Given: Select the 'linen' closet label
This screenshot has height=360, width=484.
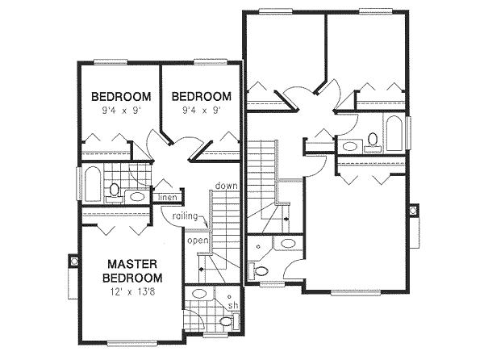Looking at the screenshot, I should (167, 197).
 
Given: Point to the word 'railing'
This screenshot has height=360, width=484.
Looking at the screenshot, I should (186, 216).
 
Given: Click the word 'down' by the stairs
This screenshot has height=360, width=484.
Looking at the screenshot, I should (226, 186).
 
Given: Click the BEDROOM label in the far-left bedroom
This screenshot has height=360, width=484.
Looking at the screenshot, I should (119, 94).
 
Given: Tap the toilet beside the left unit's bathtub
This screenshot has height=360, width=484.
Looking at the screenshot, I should (115, 191).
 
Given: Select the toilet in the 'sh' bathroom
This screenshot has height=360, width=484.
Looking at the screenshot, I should (226, 322).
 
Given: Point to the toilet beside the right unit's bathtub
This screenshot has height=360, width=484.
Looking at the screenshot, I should (372, 142).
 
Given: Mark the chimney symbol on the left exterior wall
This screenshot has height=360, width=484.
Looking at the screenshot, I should (72, 262).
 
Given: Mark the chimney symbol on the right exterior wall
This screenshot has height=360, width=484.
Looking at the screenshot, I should (414, 211).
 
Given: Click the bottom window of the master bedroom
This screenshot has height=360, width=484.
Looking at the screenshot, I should (129, 343).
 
